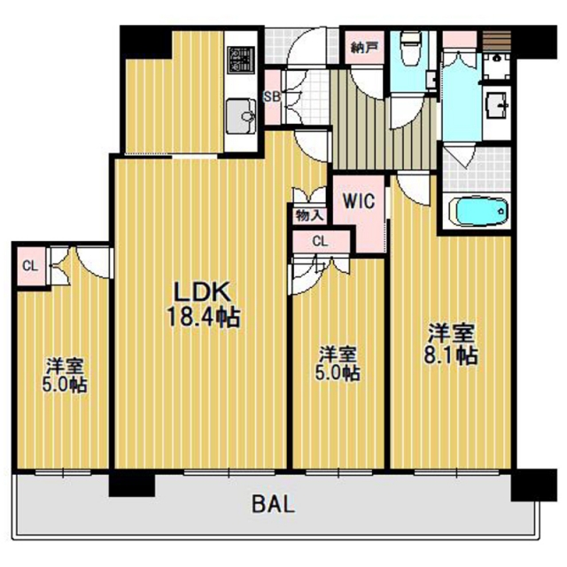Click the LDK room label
pos(202,292)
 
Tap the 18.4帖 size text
pos(203,318)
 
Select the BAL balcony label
pos(274,504)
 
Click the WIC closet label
pos(359,201)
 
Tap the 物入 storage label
pos(309,216)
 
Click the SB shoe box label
pos(272,97)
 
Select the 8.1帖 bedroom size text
pos(451,355)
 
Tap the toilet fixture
pos(410,48)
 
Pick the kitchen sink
pos(240,116)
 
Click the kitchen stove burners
pos(240,59)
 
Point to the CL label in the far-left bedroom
pos(30,267)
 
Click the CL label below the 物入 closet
pos(320,241)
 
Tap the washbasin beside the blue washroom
pos(496,105)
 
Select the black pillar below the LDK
pos(132,485)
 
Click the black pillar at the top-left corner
pos(145,42)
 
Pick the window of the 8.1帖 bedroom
pos(457,472)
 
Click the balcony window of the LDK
pos(229,472)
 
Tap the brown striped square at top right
pos(497,41)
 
